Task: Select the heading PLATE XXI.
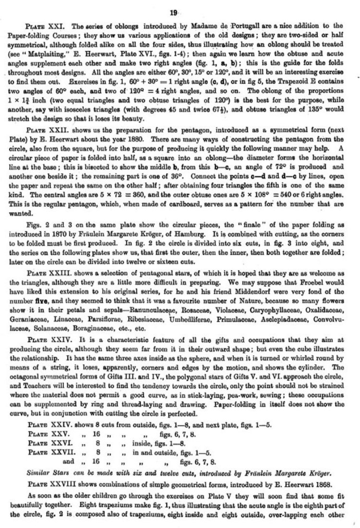point(42,25)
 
